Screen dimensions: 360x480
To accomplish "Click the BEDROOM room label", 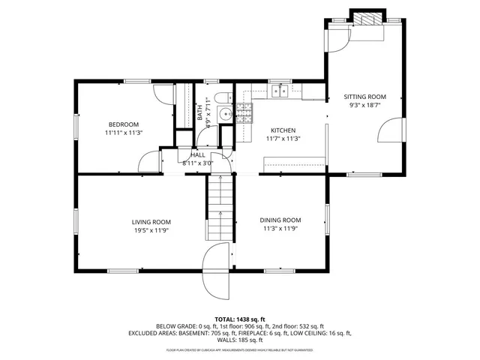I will (x=124, y=124).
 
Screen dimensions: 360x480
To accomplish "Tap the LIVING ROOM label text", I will (x=151, y=221).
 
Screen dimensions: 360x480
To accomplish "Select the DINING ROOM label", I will (x=280, y=220).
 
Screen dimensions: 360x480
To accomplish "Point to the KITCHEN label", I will (x=283, y=130).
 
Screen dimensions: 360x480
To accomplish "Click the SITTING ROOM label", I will (x=364, y=97).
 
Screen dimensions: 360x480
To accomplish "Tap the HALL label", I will (x=198, y=154).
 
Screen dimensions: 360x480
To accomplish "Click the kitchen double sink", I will (x=280, y=91).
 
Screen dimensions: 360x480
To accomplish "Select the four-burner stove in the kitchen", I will (x=244, y=112).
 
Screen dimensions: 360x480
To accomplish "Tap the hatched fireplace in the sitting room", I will (x=367, y=19).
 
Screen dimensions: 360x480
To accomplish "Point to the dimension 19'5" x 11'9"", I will (x=151, y=231).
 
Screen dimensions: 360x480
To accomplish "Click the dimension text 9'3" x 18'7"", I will (x=364, y=106).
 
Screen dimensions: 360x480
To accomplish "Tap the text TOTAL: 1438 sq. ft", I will (x=240, y=319).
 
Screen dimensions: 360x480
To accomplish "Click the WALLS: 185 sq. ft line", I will (x=240, y=339).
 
